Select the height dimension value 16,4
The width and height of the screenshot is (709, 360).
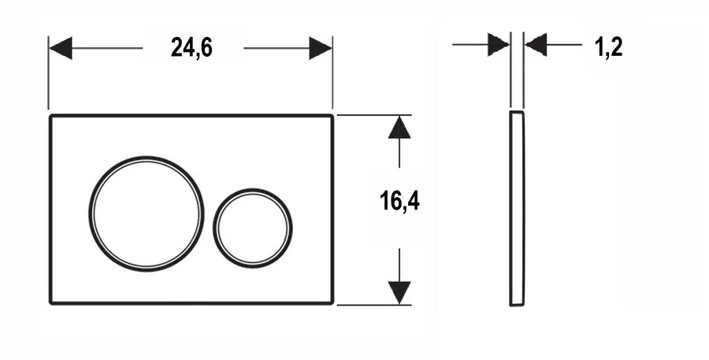[x=399, y=202]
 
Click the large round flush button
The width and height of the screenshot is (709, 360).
[x=146, y=213]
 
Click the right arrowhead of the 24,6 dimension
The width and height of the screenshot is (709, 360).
[x=321, y=48]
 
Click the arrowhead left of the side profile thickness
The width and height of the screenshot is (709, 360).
[x=499, y=45]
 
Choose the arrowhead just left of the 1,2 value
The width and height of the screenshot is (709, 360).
[x=536, y=45]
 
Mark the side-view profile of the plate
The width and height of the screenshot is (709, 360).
[x=517, y=209]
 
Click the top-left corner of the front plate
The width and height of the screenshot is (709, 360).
[x=52, y=117]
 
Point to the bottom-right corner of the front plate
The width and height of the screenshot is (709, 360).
[x=332, y=302]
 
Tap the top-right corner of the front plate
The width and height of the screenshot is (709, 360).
[x=332, y=117]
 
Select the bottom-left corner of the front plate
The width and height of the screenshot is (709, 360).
[x=52, y=302]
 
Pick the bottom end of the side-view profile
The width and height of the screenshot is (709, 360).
[x=517, y=304]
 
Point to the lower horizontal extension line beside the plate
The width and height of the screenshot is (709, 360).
[x=370, y=305]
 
